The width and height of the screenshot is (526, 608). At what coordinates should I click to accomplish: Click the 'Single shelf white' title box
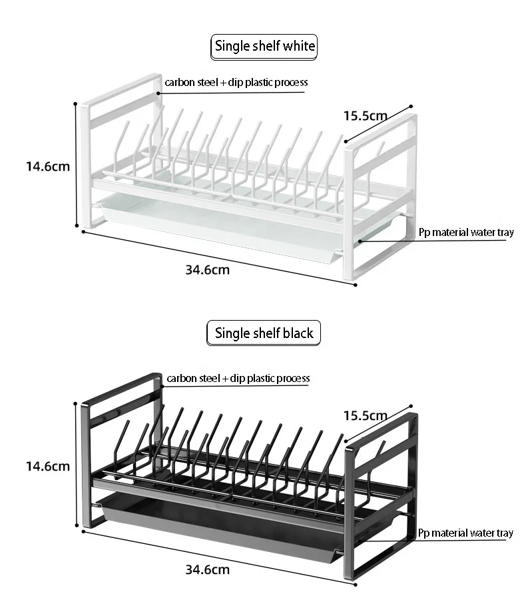tap(264, 47)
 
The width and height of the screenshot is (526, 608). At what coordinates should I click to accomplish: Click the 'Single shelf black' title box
tap(264, 333)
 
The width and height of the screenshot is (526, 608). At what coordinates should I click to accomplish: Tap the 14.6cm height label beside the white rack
tap(47, 166)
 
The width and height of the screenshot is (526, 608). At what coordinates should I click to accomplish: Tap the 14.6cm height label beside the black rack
tap(47, 466)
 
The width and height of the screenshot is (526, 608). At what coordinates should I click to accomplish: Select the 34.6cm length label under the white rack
tap(207, 270)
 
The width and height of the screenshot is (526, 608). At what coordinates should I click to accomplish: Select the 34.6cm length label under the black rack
tap(207, 569)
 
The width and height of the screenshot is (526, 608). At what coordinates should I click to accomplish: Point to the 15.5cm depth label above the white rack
tap(365, 115)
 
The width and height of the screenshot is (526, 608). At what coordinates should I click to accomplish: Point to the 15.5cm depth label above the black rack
tap(365, 415)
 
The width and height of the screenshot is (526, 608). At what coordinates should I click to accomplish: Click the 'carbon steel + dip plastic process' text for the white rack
tap(237, 83)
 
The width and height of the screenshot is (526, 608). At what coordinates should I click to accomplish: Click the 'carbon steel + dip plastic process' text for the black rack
tap(238, 379)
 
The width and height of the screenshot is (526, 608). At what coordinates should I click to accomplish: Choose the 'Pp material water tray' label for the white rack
tap(466, 233)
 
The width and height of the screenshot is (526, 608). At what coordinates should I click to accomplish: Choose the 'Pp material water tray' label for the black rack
tap(466, 533)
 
